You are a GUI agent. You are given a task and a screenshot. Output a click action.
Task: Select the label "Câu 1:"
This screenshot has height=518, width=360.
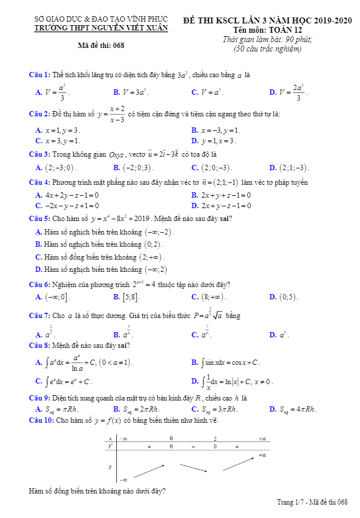click(x=40, y=75)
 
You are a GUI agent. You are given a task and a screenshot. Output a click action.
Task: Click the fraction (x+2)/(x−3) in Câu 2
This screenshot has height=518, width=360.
click(x=117, y=113)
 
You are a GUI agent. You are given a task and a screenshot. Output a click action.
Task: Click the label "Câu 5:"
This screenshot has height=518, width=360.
click(x=40, y=219)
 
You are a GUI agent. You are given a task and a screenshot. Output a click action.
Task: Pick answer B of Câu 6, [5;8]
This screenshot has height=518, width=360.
click(x=131, y=297)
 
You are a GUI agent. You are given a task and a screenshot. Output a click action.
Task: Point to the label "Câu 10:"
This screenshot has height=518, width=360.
click(x=41, y=420)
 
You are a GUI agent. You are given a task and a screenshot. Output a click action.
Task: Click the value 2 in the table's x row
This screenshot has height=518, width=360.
click(x=214, y=438)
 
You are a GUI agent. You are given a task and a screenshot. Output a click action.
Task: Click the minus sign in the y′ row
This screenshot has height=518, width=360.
click(x=193, y=446)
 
